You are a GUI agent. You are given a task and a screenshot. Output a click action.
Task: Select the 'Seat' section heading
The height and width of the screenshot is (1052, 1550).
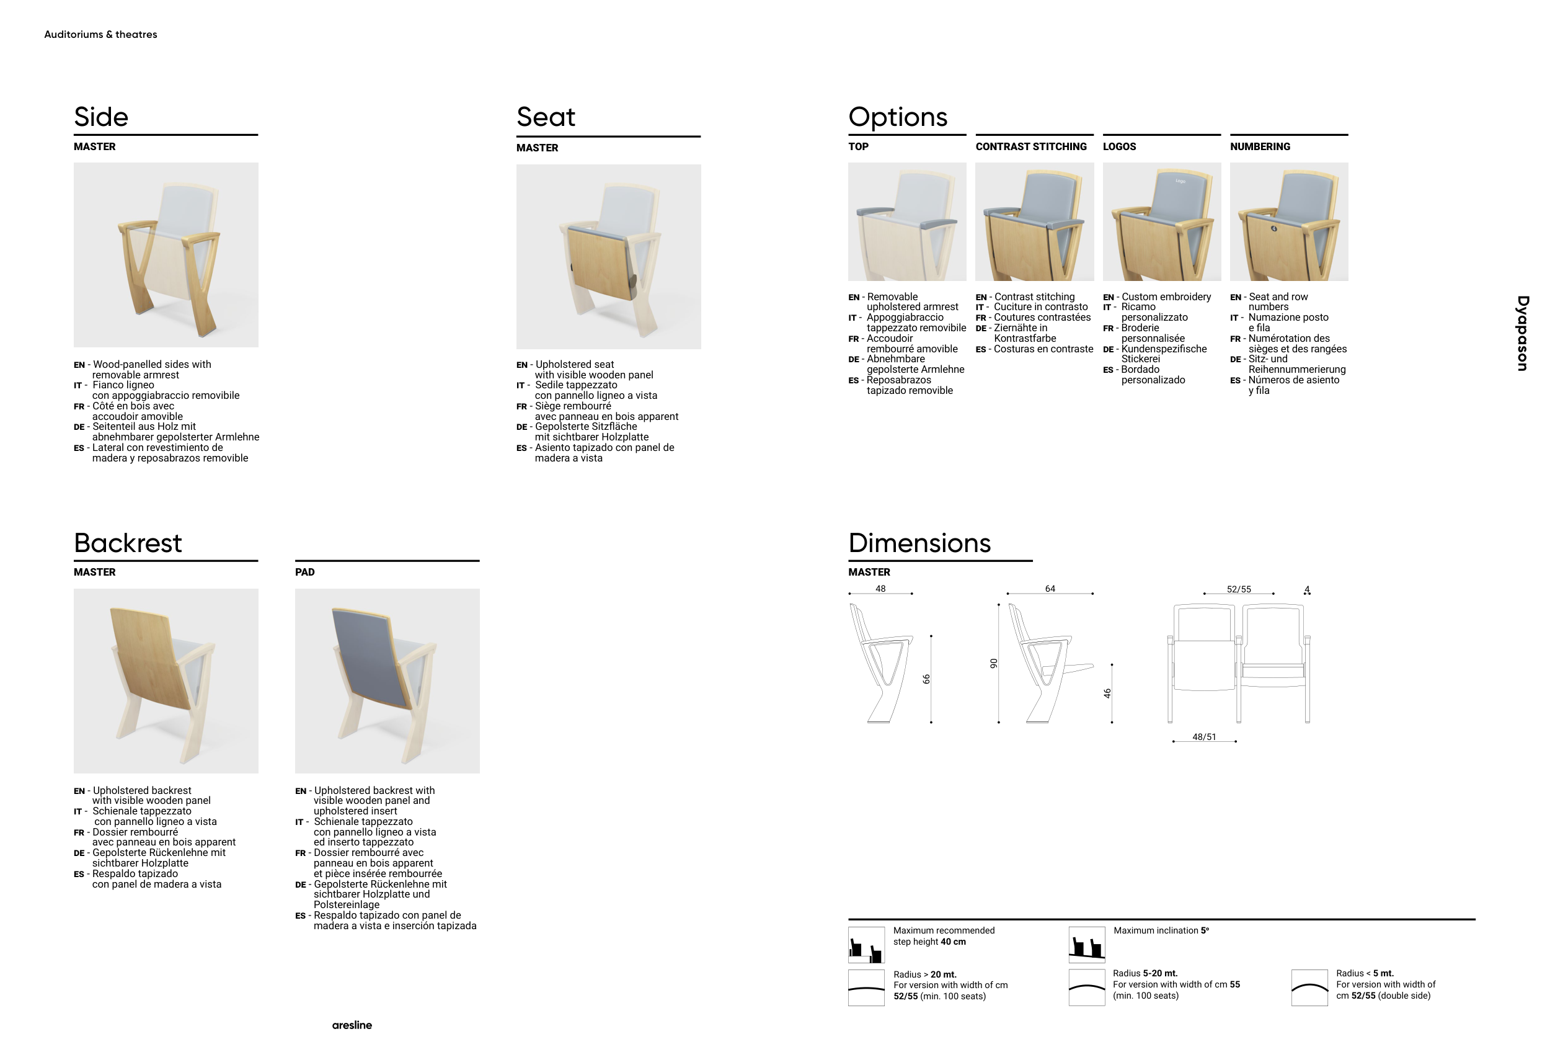click(x=545, y=117)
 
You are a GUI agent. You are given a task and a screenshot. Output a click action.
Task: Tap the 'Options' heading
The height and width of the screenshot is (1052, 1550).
click(x=897, y=117)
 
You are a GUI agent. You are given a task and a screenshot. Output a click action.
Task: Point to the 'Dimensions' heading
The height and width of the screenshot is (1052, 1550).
click(x=919, y=543)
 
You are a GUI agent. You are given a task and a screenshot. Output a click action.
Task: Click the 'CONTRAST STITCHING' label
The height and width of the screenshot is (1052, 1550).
click(x=1030, y=147)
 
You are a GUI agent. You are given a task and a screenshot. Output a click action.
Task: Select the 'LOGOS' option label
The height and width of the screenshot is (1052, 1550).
click(x=1119, y=147)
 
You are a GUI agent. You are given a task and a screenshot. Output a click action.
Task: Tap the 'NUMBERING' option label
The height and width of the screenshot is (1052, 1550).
click(x=1259, y=147)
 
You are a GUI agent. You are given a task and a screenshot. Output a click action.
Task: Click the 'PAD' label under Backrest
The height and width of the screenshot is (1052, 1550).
click(x=305, y=573)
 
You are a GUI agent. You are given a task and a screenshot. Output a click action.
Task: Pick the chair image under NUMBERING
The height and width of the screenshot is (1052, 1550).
click(x=1288, y=221)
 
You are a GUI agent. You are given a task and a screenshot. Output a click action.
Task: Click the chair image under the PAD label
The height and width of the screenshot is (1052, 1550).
click(x=387, y=680)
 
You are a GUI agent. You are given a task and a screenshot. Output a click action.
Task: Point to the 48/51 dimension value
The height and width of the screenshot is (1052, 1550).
click(x=1204, y=737)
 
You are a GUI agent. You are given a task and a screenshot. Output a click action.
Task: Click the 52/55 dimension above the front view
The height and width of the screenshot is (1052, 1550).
click(x=1239, y=590)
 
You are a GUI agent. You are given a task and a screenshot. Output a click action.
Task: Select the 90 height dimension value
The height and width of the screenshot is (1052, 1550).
click(x=994, y=664)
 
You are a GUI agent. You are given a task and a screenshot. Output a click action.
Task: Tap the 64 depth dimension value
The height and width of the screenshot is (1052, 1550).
click(x=1050, y=589)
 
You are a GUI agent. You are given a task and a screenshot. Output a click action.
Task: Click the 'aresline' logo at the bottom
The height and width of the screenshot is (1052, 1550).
click(x=352, y=1025)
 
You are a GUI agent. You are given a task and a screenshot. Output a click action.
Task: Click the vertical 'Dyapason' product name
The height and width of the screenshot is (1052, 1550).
click(x=1522, y=334)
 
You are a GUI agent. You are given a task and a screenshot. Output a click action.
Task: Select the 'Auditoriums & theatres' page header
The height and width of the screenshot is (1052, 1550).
click(x=100, y=35)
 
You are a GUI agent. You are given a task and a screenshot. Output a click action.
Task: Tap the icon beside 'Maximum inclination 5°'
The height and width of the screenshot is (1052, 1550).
click(x=1086, y=945)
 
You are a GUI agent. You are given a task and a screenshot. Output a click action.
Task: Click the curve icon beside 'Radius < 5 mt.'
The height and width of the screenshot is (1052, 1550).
click(x=1309, y=988)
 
